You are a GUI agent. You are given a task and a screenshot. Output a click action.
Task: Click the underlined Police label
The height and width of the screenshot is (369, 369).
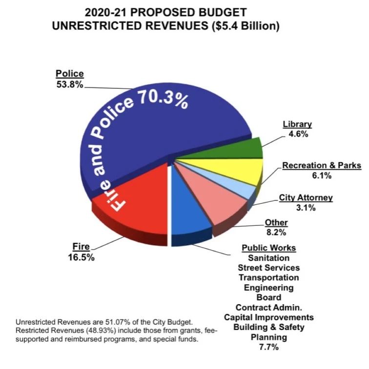coord(69,74)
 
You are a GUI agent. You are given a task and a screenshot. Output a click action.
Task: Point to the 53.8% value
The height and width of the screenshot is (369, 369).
coord(69,84)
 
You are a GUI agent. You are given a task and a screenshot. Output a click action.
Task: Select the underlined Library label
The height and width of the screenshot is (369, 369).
coord(297,124)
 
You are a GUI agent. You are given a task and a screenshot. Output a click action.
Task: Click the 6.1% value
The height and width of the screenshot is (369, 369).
coord(321,175)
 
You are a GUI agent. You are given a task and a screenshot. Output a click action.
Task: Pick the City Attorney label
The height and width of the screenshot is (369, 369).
coord(306,198)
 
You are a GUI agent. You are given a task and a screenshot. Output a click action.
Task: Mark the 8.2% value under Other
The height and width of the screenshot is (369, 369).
coord(276,233)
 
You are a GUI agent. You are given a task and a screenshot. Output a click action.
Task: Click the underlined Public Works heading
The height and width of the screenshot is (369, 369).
coord(269,248)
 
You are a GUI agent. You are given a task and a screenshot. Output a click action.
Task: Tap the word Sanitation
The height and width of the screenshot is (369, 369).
coord(269,258)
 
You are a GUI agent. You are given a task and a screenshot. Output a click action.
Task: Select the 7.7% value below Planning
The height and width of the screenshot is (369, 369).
coord(269,347)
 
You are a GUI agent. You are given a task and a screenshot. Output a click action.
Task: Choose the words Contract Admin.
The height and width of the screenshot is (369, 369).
coord(269,308)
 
